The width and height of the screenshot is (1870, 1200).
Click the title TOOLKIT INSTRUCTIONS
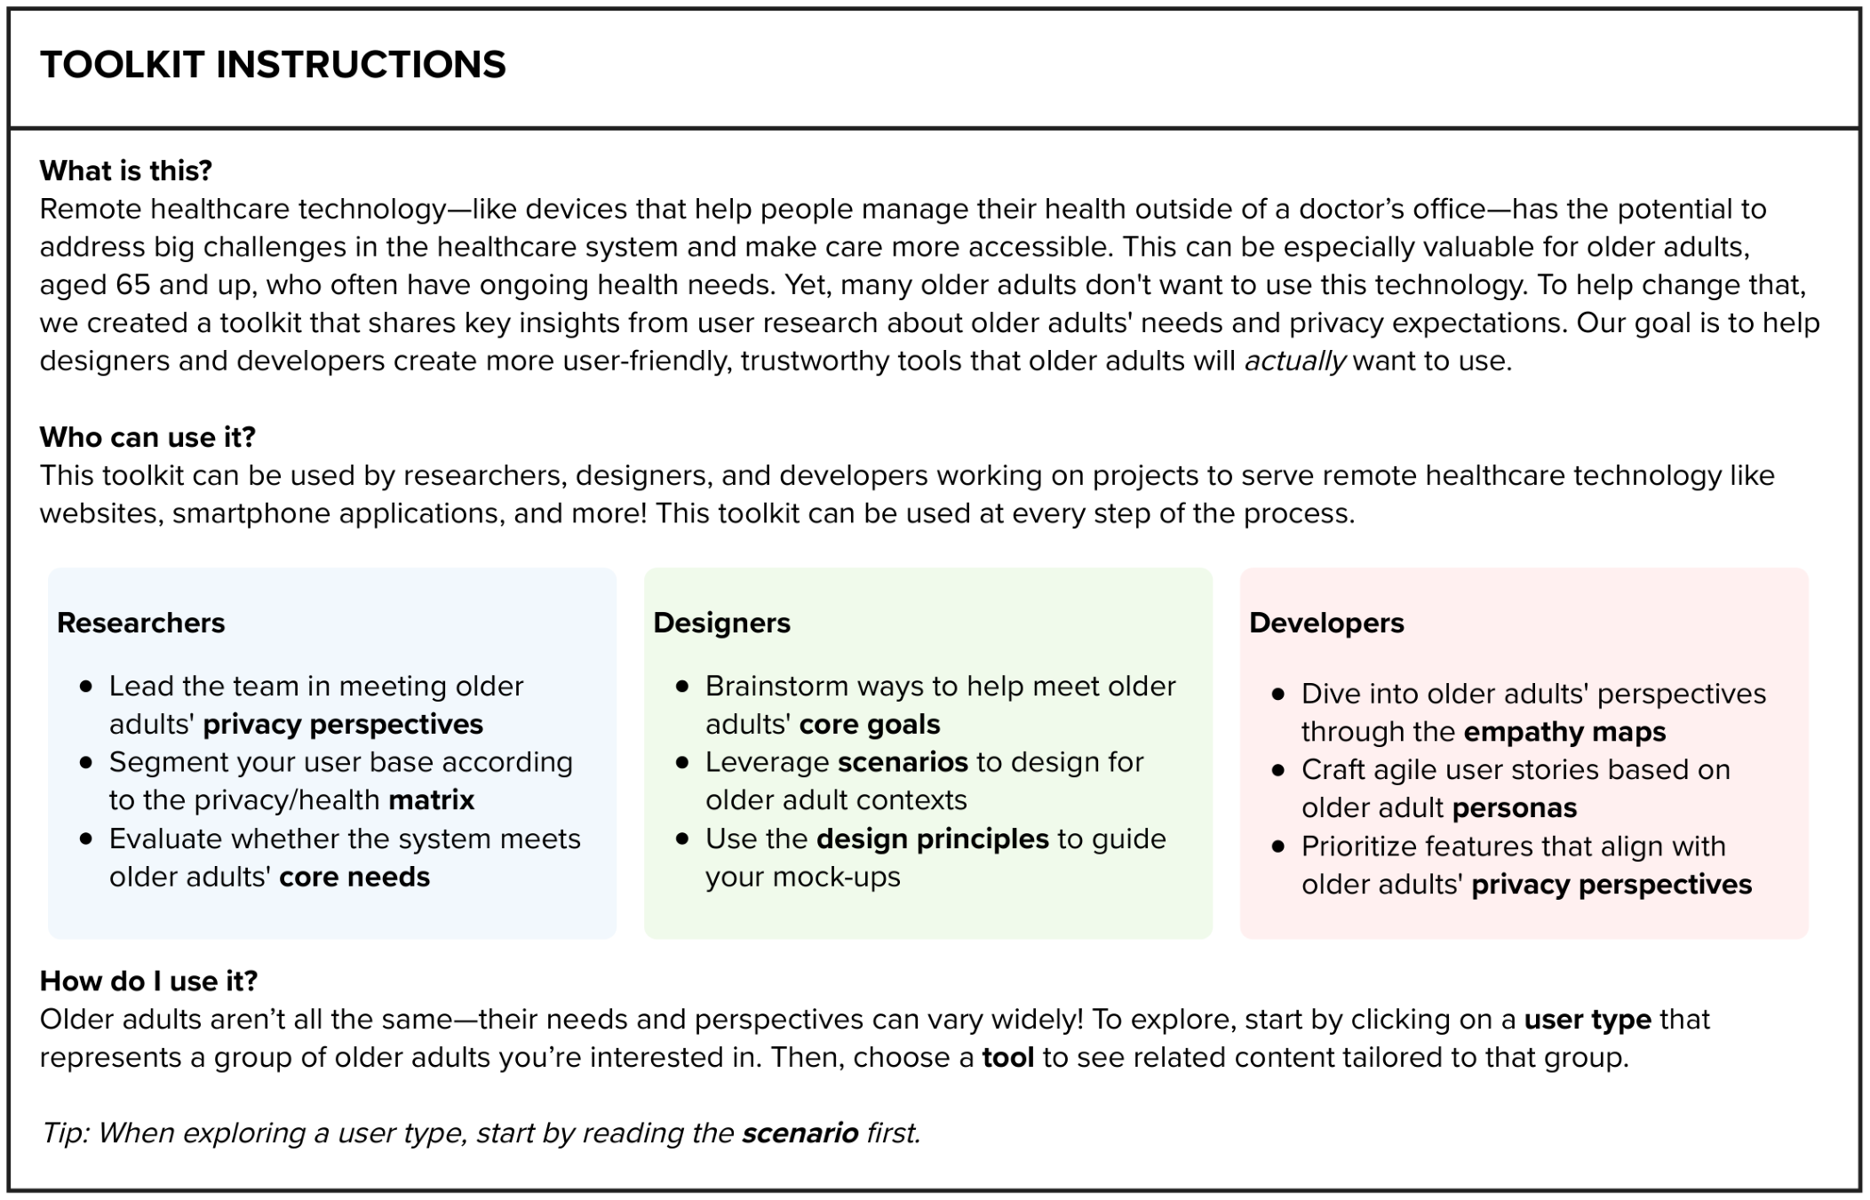(273, 65)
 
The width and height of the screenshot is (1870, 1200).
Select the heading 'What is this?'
(126, 171)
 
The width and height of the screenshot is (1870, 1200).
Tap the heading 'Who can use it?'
(147, 437)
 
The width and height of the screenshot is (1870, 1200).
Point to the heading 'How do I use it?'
(148, 981)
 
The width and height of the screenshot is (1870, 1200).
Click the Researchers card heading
(140, 623)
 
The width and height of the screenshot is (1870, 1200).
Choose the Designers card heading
(721, 623)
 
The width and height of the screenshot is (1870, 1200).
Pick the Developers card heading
(1326, 623)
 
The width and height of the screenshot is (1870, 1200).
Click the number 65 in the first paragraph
(133, 285)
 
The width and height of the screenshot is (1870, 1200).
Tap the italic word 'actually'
(1295, 362)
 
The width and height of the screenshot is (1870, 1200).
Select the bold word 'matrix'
(432, 800)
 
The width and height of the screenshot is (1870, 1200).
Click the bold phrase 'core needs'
(354, 877)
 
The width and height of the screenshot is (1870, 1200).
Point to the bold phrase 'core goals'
(870, 724)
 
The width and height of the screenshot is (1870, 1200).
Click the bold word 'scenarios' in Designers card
(903, 762)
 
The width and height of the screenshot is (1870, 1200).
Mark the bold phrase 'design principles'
(933, 838)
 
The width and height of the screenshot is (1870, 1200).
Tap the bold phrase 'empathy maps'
(1564, 732)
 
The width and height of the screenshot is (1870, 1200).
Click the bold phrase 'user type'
(1588, 1019)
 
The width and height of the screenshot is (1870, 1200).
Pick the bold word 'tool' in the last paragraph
(1007, 1057)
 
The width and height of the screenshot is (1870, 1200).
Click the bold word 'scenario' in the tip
(800, 1133)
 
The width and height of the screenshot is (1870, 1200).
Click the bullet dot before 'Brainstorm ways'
(682, 687)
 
